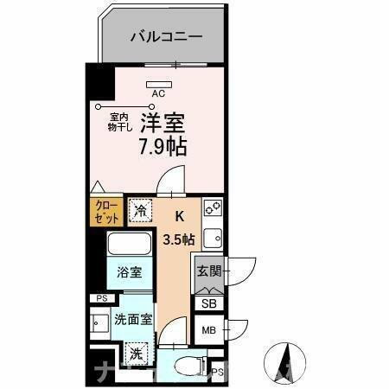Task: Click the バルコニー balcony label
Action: [167, 37]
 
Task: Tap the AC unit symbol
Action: [159, 84]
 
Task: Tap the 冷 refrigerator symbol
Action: [140, 210]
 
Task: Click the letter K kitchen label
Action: [180, 217]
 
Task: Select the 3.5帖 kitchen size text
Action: [178, 238]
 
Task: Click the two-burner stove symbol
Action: [213, 208]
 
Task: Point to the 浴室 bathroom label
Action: [131, 272]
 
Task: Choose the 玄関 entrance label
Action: [209, 271]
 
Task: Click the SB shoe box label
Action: [208, 303]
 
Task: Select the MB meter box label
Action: [208, 330]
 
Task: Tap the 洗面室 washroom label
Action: [133, 319]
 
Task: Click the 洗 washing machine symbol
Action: [137, 353]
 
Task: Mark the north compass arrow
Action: [287, 359]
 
